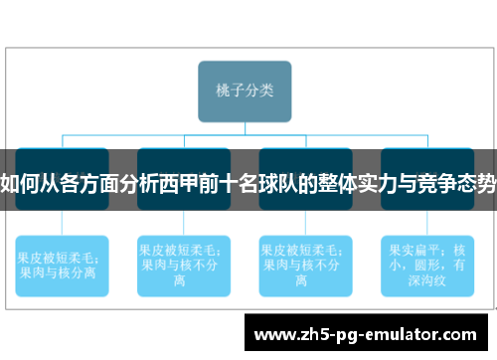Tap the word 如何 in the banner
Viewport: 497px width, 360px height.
[19, 182]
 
